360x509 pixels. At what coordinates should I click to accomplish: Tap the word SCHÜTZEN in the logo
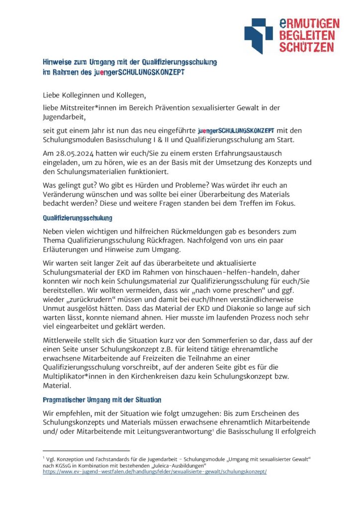(x=306, y=47)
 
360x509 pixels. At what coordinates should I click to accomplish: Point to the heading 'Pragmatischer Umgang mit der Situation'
(x=101, y=400)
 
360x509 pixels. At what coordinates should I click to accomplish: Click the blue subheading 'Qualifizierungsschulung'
(x=77, y=218)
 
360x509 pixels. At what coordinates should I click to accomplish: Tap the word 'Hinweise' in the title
(x=56, y=63)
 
